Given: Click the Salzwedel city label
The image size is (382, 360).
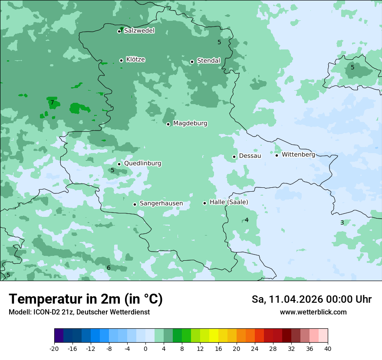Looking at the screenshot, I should pyautogui.click(x=139, y=31).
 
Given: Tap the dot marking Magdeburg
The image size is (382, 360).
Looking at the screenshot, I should pyautogui.click(x=168, y=124).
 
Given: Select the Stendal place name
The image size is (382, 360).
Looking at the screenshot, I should pyautogui.click(x=208, y=61).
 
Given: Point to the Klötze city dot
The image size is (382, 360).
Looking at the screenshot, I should pyautogui.click(x=121, y=60).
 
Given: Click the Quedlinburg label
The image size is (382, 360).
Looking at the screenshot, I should pyautogui.click(x=142, y=164).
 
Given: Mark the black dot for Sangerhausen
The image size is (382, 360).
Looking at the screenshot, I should pyautogui.click(x=135, y=204).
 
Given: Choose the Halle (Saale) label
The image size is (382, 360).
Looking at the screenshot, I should pyautogui.click(x=229, y=202).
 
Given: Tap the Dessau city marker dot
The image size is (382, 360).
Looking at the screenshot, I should pyautogui.click(x=234, y=157).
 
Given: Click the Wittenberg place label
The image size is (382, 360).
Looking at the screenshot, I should pyautogui.click(x=298, y=154).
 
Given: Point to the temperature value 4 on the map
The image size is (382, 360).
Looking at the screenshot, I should pyautogui.click(x=247, y=220).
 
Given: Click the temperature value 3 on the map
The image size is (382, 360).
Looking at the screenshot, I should pyautogui.click(x=342, y=223).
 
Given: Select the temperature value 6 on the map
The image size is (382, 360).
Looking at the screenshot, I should pyautogui.click(x=109, y=268).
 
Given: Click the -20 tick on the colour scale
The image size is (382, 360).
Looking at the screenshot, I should pyautogui.click(x=54, y=348).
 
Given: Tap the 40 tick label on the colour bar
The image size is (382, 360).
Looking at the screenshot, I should pyautogui.click(x=327, y=348).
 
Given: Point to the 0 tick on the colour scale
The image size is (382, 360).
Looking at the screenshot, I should pyautogui.click(x=145, y=348).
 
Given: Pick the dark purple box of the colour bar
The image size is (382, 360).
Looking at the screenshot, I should pyautogui.click(x=59, y=336).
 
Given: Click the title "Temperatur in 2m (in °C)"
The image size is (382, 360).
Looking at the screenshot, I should pyautogui.click(x=86, y=299).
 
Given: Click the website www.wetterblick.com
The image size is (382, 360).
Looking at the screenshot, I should pyautogui.click(x=313, y=312).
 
